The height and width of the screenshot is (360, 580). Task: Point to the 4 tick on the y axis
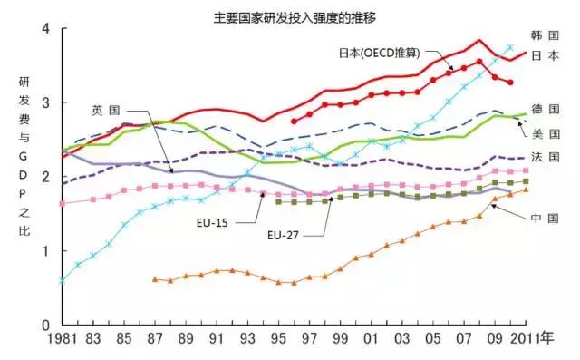(x=46, y=29)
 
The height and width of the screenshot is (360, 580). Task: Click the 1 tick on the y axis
(x=46, y=251)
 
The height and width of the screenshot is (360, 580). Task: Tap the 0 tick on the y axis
(x=46, y=325)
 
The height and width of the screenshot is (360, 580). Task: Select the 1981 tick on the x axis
(x=62, y=340)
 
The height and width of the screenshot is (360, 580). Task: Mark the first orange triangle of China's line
(x=155, y=279)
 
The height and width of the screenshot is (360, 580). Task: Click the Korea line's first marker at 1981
(x=62, y=281)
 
